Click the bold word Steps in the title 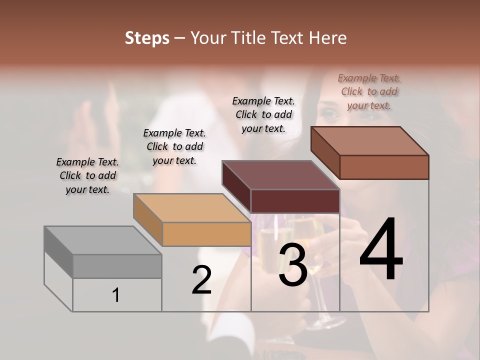(x=147, y=38)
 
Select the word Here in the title (x=327, y=38)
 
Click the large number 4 (x=381, y=250)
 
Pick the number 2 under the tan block (x=201, y=280)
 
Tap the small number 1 (x=116, y=295)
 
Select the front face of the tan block (x=206, y=234)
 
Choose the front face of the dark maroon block (x=295, y=201)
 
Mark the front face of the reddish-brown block (x=384, y=167)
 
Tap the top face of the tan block (x=192, y=207)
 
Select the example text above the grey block (x=87, y=175)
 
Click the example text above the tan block (x=174, y=146)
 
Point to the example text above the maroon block (x=263, y=114)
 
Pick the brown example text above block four (x=369, y=91)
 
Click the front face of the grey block (x=117, y=266)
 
